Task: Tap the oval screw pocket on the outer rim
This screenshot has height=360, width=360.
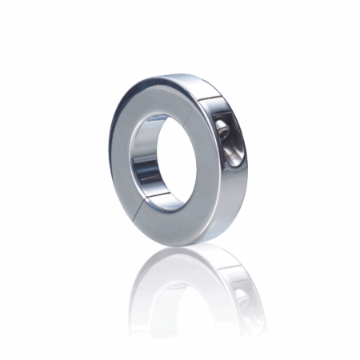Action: pos(226,141)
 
